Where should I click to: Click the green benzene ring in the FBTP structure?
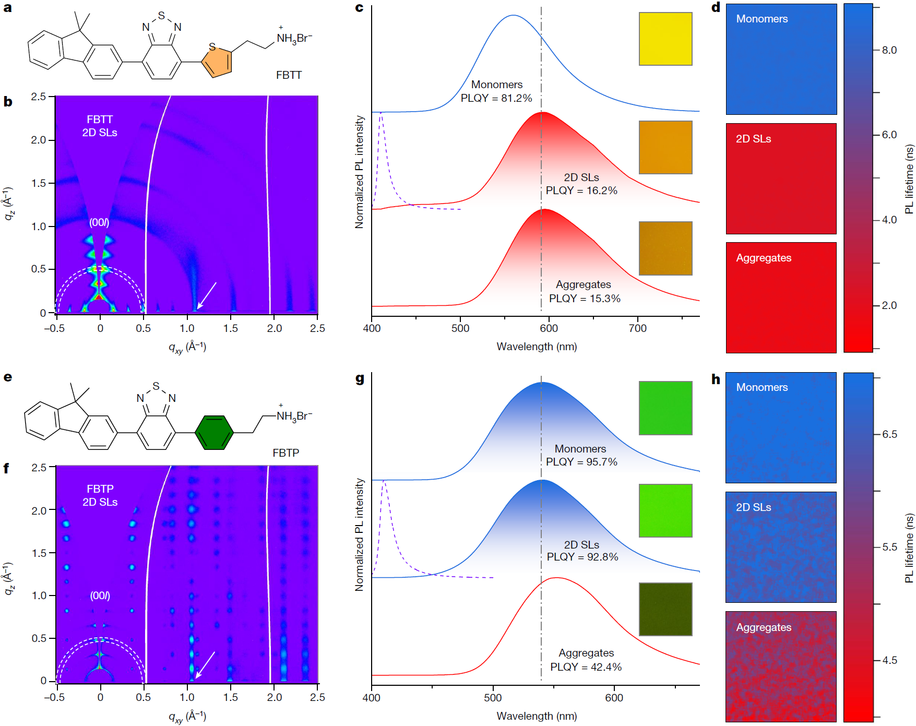point(213,433)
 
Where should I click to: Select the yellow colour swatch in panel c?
point(665,39)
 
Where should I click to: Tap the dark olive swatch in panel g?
point(665,609)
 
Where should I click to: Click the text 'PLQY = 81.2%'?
point(496,98)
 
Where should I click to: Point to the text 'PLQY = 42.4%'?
point(586,667)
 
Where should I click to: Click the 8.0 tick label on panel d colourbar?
point(889,50)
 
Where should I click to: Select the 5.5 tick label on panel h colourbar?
point(889,547)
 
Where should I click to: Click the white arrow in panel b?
point(207,295)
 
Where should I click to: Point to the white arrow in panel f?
point(205,665)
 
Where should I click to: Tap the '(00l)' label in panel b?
point(99,223)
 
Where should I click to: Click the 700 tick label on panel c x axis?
point(637,328)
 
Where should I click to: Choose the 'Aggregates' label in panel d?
point(764,258)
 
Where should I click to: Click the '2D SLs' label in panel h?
point(753,507)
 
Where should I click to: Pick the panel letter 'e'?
point(8,377)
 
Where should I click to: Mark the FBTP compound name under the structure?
point(285,453)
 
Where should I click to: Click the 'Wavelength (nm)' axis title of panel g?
point(537,716)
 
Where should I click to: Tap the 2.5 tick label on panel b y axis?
point(38,97)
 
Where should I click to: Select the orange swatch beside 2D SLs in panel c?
point(665,147)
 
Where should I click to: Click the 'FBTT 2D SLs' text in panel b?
point(100,126)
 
